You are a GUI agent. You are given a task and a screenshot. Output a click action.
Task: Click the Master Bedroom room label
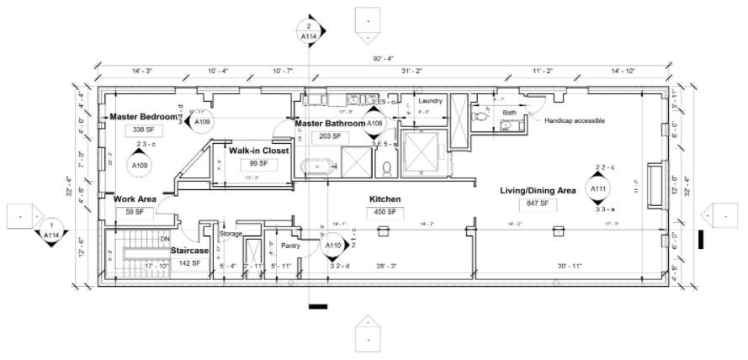(x=144, y=116)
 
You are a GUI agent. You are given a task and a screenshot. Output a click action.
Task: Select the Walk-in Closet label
(x=259, y=151)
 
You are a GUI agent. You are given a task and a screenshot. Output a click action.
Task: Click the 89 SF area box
(x=258, y=164)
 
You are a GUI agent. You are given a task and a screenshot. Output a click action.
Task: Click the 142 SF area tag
(x=190, y=263)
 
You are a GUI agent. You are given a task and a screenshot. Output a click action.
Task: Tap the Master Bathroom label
(x=329, y=124)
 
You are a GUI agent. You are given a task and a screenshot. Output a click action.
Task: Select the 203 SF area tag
(x=330, y=136)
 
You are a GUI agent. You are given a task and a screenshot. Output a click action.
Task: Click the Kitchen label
(x=385, y=199)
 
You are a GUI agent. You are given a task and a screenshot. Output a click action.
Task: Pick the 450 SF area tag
(x=385, y=213)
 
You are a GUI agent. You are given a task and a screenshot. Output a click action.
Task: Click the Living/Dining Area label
(x=538, y=191)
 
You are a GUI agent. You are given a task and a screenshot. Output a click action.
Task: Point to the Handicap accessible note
(x=574, y=120)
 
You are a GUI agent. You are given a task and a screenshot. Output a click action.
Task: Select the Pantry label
(x=290, y=246)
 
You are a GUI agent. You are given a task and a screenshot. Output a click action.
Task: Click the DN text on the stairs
(x=164, y=239)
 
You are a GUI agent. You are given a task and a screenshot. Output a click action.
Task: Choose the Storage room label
(x=231, y=234)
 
